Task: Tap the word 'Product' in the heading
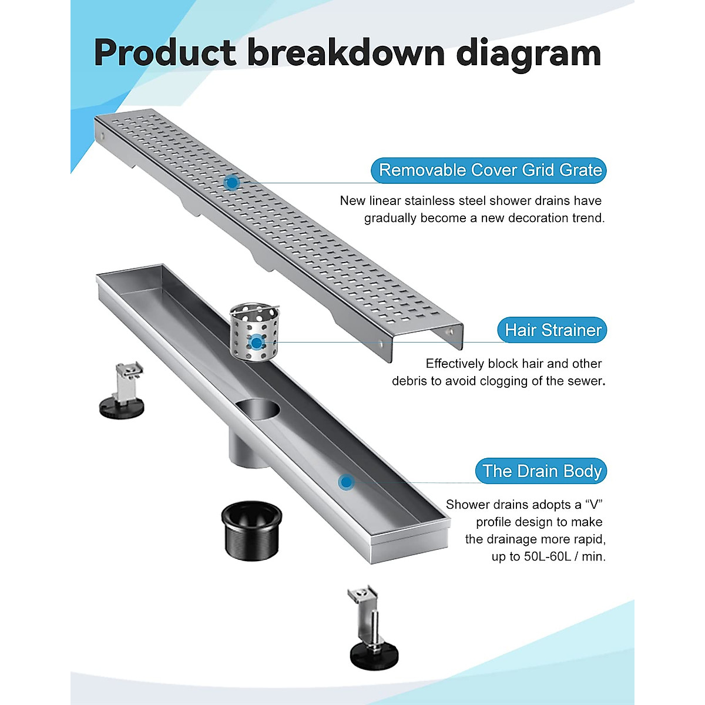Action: tap(164, 53)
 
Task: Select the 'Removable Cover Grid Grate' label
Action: tap(490, 170)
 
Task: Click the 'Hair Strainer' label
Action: tap(553, 330)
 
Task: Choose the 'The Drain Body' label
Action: tap(542, 471)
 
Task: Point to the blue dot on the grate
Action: tap(232, 183)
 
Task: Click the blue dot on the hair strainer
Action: tap(256, 342)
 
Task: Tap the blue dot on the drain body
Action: tap(347, 482)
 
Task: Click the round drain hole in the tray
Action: tap(259, 408)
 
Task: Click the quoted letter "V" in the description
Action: tap(593, 504)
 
